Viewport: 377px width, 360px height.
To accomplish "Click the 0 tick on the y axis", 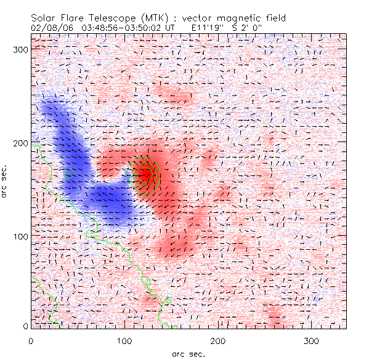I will (26, 326).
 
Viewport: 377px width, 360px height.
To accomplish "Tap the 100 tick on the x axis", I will (124, 340).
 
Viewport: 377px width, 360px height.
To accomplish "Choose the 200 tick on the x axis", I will (218, 340).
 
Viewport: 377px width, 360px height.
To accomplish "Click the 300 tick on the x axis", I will (312, 340).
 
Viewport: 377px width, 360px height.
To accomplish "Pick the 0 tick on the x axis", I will (31, 340).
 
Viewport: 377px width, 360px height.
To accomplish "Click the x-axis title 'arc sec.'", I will (188, 354).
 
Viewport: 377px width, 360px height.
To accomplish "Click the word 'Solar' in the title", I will (46, 18).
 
